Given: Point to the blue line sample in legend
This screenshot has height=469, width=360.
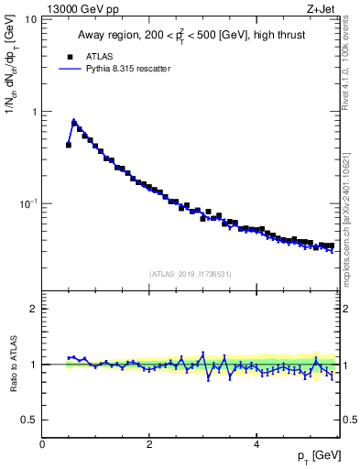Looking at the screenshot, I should [68, 69].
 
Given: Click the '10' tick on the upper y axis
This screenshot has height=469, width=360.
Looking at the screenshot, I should [32, 19].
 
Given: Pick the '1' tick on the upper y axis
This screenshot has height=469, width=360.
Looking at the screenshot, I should [35, 112].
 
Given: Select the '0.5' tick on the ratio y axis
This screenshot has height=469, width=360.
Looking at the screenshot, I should [30, 420].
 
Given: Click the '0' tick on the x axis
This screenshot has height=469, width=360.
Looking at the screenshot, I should [42, 444].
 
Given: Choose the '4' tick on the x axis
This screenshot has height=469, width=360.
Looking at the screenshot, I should [256, 444].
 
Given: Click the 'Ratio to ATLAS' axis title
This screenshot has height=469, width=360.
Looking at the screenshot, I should [12, 365].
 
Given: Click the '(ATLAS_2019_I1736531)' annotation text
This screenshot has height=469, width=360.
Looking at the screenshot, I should [191, 274].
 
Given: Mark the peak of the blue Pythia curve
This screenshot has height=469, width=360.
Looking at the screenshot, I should [73, 120].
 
